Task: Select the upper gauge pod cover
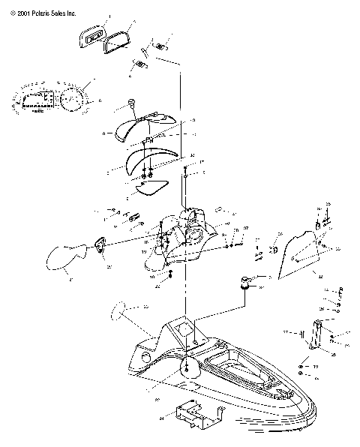coord(142,124)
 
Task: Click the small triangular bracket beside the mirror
coord(99,244)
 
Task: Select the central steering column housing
coord(187,236)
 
